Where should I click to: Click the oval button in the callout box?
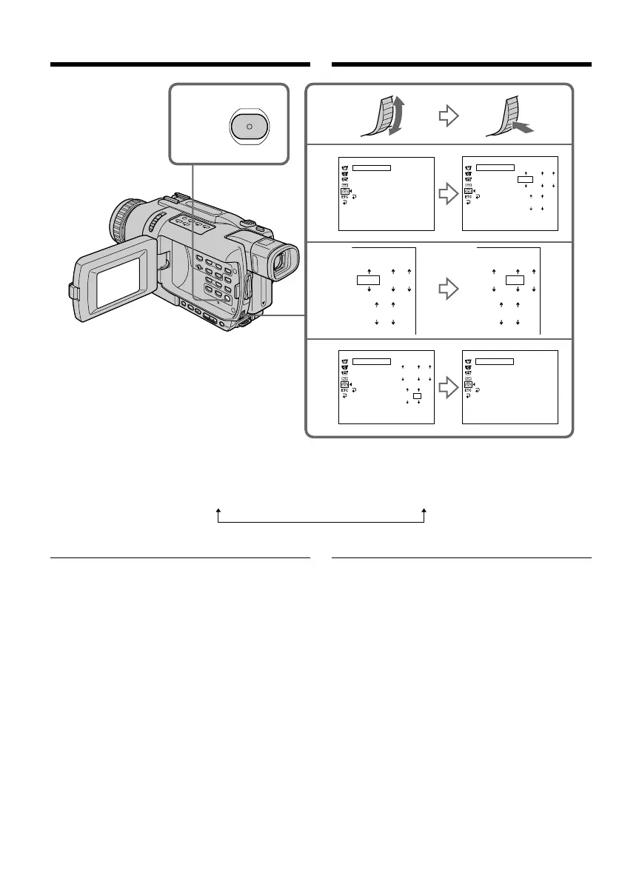point(250,127)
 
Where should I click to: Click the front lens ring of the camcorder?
point(122,220)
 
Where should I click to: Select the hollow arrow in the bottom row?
point(449,386)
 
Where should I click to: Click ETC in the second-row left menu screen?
point(344,197)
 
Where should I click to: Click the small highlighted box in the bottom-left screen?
point(418,397)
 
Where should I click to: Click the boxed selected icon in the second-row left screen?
point(344,190)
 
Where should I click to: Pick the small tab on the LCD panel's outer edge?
point(74,292)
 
